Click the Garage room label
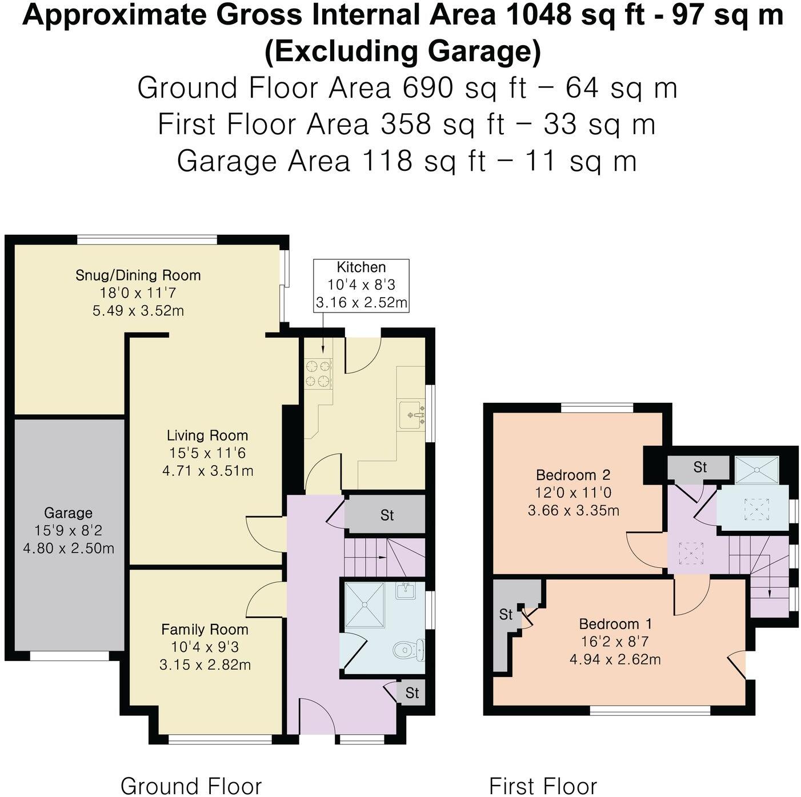68,512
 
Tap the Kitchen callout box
361,285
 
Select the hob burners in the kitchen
318,374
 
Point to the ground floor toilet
407,650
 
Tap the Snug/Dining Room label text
138,275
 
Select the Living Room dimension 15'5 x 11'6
207,453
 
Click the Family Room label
205,630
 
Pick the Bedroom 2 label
573,475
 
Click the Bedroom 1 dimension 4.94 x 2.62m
615,659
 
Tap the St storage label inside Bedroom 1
506,615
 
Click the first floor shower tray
756,470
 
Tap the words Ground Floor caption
191,786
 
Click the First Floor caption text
543,786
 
